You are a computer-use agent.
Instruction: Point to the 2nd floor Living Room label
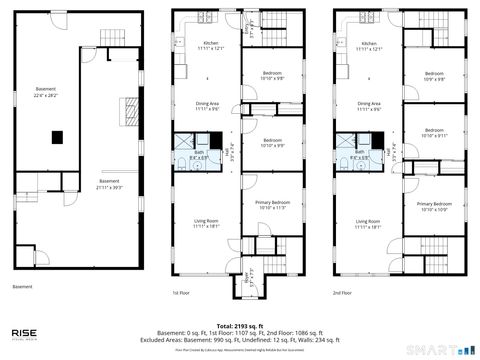[x=368, y=224]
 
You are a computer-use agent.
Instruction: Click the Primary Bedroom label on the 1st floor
[x=273, y=205]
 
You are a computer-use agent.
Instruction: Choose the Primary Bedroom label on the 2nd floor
[x=433, y=207]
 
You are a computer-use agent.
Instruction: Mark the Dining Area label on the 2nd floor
[x=368, y=106]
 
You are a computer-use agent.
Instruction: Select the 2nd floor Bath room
[x=358, y=156]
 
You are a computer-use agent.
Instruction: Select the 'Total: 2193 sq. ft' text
[x=239, y=326]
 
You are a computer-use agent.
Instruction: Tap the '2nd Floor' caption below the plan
[x=342, y=293]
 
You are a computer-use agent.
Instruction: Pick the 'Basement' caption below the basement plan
[x=22, y=287]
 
